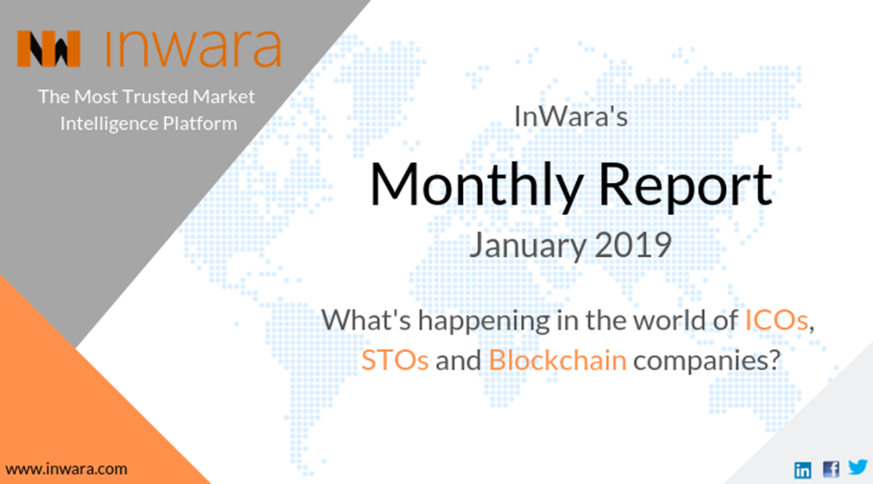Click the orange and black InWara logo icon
point(48,49)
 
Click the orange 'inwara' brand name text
point(193,47)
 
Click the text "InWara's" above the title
point(571,116)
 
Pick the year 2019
point(633,246)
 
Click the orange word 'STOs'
point(395,360)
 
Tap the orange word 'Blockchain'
point(557,360)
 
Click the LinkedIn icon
point(802,469)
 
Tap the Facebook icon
point(831,469)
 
